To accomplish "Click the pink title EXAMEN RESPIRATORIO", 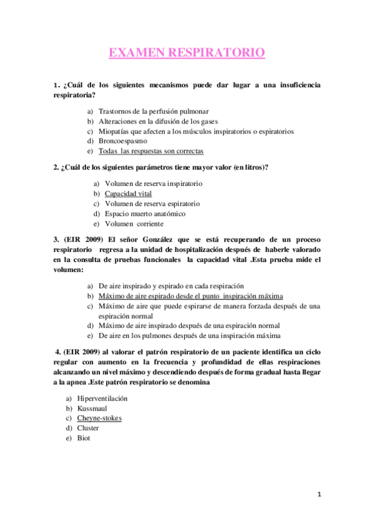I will (187, 53).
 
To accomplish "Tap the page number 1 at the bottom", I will (319, 494).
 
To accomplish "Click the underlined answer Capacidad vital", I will (128, 194).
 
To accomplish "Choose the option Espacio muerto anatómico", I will (145, 213).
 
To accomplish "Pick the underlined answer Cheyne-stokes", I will (99, 418).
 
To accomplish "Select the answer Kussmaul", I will (92, 408).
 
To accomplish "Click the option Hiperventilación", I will (102, 398).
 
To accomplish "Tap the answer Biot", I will (84, 438).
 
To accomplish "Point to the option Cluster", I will (88, 428).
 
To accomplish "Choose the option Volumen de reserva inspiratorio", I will (154, 184).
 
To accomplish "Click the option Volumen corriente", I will (134, 223).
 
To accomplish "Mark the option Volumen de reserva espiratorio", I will (152, 203).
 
